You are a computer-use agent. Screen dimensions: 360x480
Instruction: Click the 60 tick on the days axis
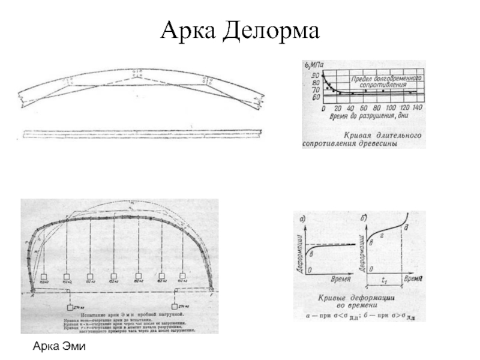click(365, 108)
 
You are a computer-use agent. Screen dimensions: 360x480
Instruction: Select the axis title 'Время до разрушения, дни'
click(368, 116)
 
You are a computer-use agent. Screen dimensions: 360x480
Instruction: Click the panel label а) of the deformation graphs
click(303, 218)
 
